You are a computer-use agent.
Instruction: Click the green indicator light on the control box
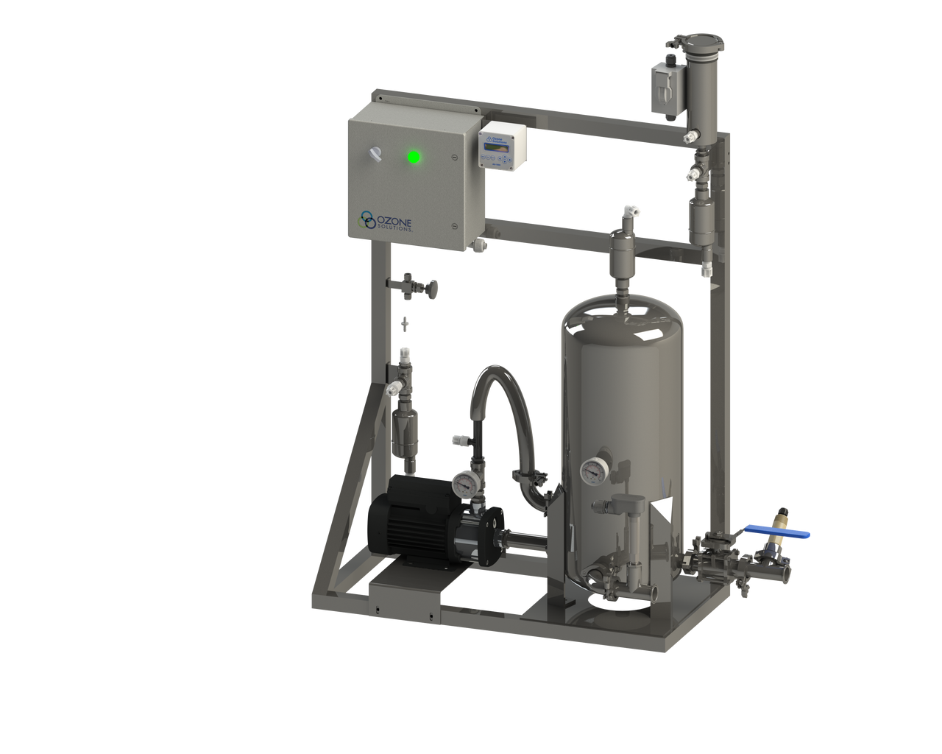pyautogui.click(x=414, y=156)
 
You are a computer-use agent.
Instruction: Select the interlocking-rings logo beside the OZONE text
pyautogui.click(x=366, y=218)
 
